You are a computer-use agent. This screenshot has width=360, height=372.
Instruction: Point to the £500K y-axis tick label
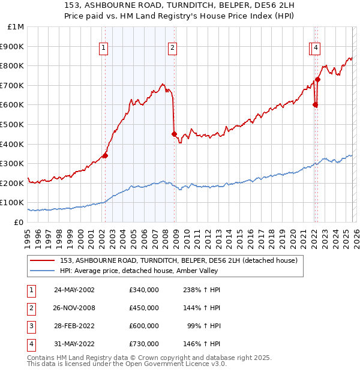(x=13, y=124)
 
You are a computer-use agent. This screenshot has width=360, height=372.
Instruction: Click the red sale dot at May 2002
(x=106, y=155)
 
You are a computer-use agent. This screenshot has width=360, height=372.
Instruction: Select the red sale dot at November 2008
(x=174, y=134)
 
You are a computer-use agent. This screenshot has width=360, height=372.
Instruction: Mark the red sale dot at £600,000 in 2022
(x=315, y=104)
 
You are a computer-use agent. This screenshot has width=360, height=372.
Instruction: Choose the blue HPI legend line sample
(x=43, y=271)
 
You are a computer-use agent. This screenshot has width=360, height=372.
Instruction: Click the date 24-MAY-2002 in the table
(x=74, y=290)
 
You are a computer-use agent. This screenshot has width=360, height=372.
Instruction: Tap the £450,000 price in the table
(x=144, y=308)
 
